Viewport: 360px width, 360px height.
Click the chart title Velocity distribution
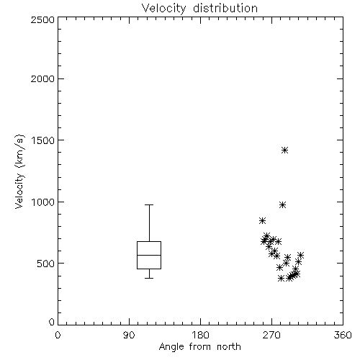tap(199, 8)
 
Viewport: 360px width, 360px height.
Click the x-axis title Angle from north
tap(199, 347)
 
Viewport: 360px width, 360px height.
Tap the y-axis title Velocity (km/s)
tap(19, 171)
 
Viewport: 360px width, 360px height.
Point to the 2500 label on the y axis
tap(42, 19)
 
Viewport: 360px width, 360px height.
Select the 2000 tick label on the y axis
tap(42, 78)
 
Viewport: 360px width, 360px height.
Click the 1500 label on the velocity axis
tap(43, 140)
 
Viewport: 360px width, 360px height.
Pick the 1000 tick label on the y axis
tap(43, 202)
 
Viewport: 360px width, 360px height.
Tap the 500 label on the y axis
tap(46, 264)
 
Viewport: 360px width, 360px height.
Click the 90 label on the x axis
tap(129, 335)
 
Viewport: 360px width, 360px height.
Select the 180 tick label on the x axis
tap(200, 335)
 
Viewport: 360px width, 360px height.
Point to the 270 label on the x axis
tap(271, 335)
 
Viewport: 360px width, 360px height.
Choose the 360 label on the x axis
tap(343, 335)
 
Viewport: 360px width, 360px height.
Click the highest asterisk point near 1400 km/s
tap(284, 150)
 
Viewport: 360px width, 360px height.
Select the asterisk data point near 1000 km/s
tap(282, 205)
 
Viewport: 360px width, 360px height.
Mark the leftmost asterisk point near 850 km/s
tap(262, 221)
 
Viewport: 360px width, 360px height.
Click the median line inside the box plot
tap(149, 255)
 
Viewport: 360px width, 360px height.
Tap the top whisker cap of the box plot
tap(149, 204)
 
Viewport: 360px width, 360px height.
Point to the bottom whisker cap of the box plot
tap(149, 278)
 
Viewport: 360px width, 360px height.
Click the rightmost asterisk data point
tap(300, 255)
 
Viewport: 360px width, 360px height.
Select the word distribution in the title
tap(225, 8)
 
